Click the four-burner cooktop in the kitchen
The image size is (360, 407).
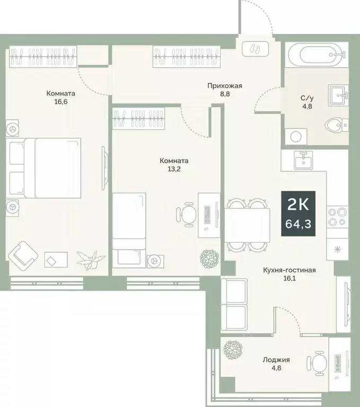[338, 217]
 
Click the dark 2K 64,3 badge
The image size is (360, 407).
[298, 213]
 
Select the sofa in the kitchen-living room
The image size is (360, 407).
[233, 299]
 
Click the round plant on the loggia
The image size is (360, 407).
[232, 349]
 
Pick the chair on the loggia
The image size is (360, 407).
[317, 362]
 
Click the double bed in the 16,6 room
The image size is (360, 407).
[45, 167]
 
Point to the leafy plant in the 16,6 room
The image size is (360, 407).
[87, 260]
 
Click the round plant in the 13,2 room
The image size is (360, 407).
[209, 259]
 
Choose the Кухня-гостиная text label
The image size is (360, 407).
[289, 270]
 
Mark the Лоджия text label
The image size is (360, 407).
[275, 360]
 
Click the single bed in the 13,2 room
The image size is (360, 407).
[129, 228]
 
